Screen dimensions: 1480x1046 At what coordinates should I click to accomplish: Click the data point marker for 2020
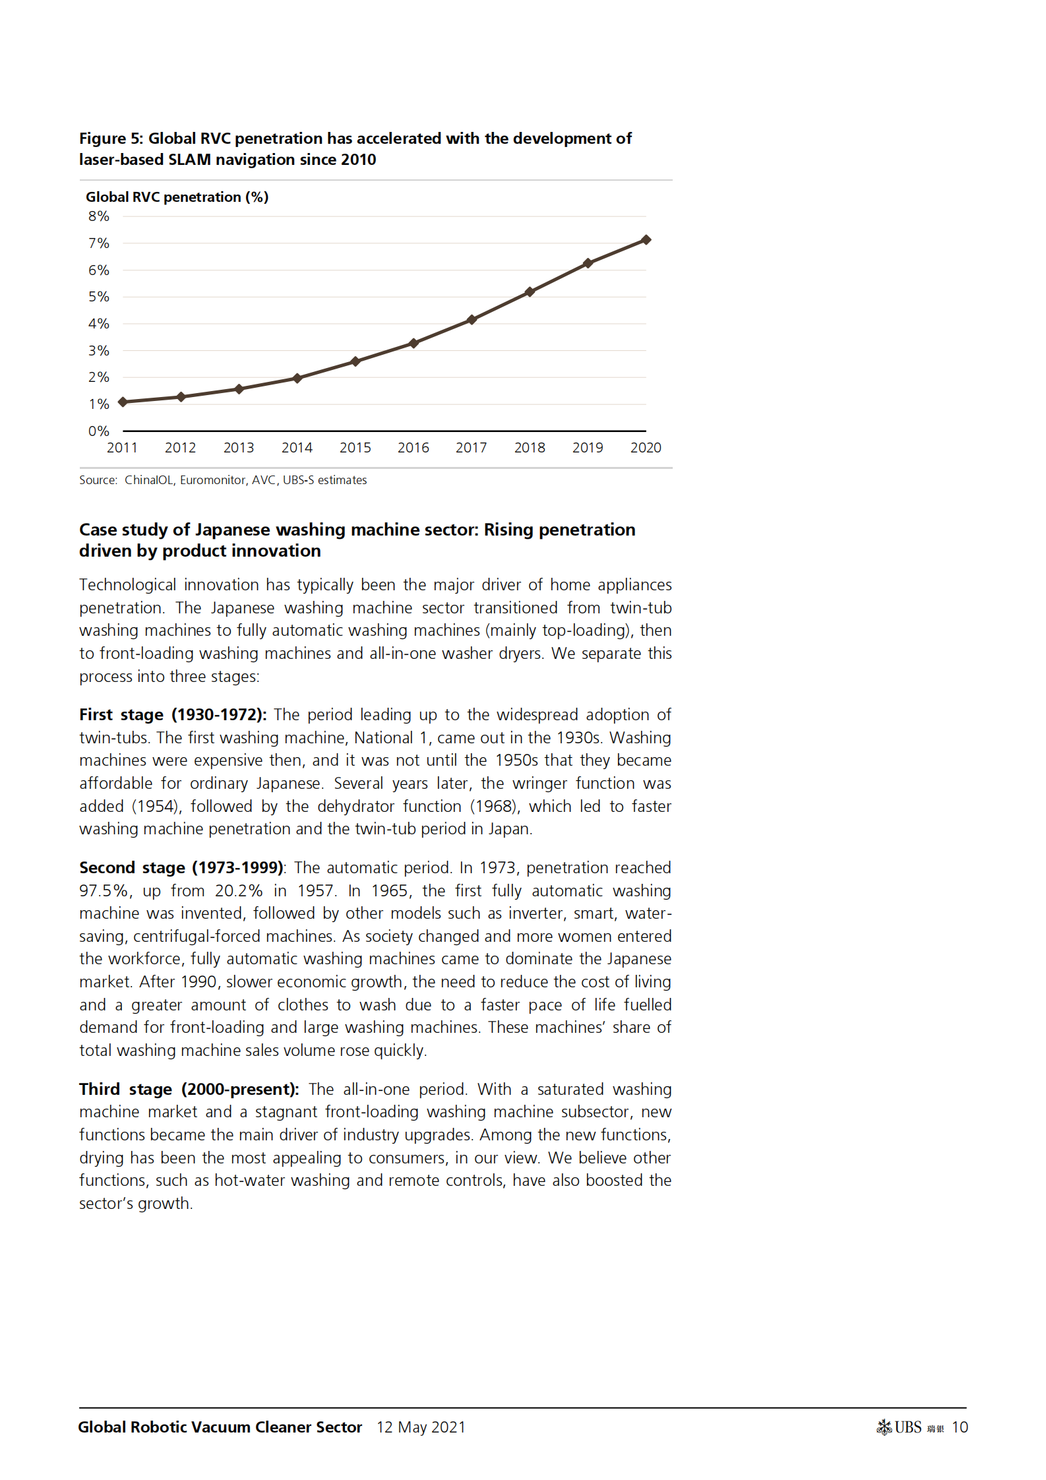click(x=646, y=240)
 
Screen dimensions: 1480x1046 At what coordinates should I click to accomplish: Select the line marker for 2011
click(x=123, y=402)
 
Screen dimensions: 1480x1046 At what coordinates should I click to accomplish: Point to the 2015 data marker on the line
click(x=355, y=361)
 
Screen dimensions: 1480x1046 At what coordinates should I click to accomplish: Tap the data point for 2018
click(x=530, y=292)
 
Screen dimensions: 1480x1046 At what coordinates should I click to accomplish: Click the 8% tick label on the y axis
click(x=99, y=216)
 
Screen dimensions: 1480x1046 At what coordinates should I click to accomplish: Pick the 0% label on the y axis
click(x=99, y=431)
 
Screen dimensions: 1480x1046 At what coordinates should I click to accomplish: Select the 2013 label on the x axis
click(x=239, y=448)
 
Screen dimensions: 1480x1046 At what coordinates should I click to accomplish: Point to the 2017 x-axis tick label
click(x=471, y=448)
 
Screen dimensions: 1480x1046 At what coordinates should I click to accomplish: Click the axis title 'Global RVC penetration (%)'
click(x=177, y=197)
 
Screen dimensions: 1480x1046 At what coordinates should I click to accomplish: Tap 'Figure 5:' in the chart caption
click(x=111, y=139)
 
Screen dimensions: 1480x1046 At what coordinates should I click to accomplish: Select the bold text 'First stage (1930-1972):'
click(x=173, y=715)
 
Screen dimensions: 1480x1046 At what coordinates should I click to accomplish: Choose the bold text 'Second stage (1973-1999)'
click(x=181, y=868)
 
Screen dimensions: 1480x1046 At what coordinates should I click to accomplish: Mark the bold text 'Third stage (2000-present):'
click(x=189, y=1090)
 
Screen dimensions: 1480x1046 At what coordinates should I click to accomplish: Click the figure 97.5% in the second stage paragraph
click(x=104, y=891)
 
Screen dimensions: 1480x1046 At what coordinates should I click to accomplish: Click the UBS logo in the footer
click(x=900, y=1427)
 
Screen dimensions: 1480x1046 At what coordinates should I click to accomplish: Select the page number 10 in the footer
click(x=960, y=1427)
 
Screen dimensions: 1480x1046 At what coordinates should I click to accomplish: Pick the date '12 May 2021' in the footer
click(x=421, y=1427)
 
